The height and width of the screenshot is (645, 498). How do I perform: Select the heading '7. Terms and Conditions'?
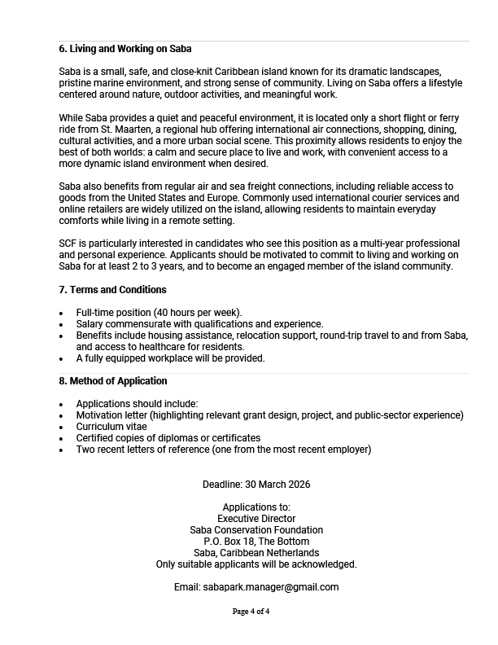(x=112, y=290)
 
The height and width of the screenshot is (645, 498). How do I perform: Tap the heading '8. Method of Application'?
(x=113, y=381)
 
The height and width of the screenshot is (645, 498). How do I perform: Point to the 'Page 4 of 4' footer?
(x=251, y=612)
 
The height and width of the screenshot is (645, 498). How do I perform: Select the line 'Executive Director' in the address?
(x=256, y=519)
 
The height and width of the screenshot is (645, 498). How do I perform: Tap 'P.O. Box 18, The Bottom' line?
(x=256, y=542)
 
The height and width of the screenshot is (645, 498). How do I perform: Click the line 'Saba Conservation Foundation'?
(x=256, y=530)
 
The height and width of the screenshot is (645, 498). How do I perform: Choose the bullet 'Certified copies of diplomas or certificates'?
(x=168, y=438)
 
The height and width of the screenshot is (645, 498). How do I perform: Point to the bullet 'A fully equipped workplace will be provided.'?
(x=171, y=358)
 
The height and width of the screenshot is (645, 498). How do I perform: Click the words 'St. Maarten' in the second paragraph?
(x=114, y=130)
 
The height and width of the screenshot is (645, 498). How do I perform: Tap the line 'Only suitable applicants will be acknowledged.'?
(x=256, y=564)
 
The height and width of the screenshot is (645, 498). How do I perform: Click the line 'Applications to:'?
(x=256, y=507)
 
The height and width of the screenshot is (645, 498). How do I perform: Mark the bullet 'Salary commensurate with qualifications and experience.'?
(x=199, y=324)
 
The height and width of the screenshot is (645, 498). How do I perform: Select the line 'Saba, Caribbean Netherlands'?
(x=256, y=553)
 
